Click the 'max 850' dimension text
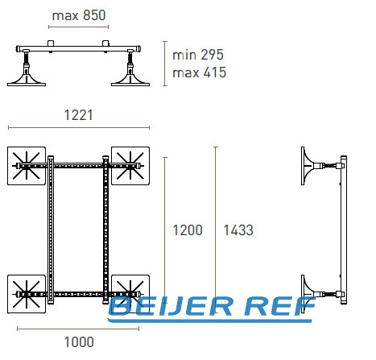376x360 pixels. pos(79,15)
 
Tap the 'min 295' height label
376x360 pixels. pos(198,55)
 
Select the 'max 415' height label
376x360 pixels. pos(200,72)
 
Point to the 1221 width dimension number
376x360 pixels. pos(79,115)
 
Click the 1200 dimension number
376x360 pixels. pos(188,230)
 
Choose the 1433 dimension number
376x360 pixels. pos(238,230)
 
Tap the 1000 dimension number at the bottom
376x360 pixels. pos(79,342)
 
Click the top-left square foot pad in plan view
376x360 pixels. pos(27,166)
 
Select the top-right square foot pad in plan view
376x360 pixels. pos(130,166)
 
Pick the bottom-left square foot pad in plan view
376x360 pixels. pos(27,294)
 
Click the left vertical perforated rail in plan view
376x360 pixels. pos(51,230)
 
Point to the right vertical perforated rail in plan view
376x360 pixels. pos(105,230)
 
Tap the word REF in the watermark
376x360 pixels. pos(280,306)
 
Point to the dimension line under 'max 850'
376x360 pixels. pos(78,27)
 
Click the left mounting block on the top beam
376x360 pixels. pos(51,43)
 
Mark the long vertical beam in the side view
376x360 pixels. pos(344,230)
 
